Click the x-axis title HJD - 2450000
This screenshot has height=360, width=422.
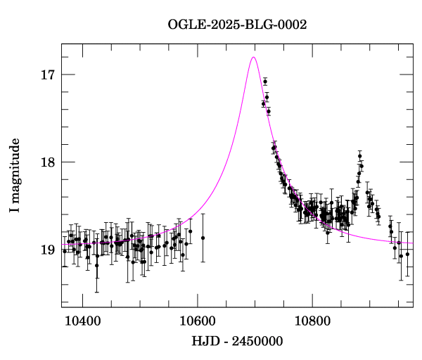pyautogui.click(x=237, y=342)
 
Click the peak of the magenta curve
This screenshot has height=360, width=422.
pyautogui.click(x=253, y=57)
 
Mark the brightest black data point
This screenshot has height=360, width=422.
pyautogui.click(x=265, y=82)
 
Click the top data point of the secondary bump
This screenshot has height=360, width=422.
pyautogui.click(x=359, y=155)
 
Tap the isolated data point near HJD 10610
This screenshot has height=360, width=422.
pyautogui.click(x=203, y=238)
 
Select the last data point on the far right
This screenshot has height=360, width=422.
pyautogui.click(x=407, y=254)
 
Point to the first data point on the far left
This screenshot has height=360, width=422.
pyautogui.click(x=65, y=251)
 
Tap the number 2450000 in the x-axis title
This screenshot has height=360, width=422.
pyautogui.click(x=257, y=342)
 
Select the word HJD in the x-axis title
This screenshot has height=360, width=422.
pyautogui.click(x=203, y=342)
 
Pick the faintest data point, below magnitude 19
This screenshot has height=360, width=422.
pyautogui.click(x=96, y=265)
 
